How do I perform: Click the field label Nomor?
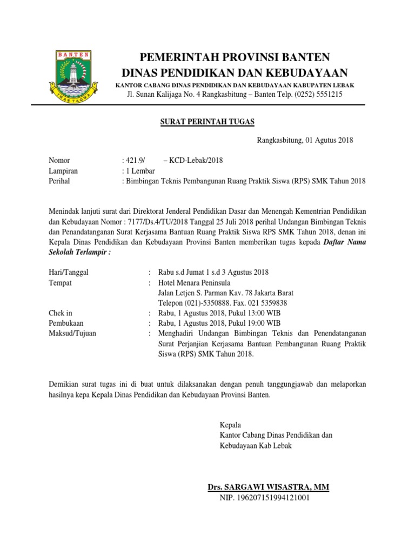click(x=59, y=160)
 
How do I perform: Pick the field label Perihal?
click(x=60, y=181)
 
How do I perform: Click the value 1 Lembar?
click(x=140, y=170)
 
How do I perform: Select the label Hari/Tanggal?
click(x=69, y=272)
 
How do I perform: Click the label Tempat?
click(x=60, y=282)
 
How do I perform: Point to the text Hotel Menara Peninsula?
click(x=194, y=282)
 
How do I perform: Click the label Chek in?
click(x=61, y=313)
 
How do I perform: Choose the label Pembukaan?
click(x=66, y=323)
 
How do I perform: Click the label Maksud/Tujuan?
click(x=72, y=333)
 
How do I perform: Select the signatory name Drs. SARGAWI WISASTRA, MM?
click(x=268, y=487)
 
